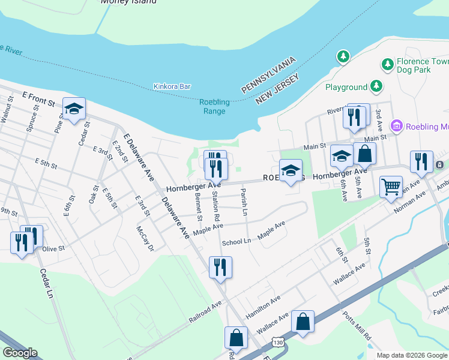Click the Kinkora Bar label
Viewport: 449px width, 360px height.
172,86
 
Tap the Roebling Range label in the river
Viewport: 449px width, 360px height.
214,107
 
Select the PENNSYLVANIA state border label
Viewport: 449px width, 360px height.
270,75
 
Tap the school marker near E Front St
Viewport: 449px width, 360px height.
74,109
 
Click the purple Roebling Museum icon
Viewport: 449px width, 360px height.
396,126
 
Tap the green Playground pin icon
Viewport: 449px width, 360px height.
376,87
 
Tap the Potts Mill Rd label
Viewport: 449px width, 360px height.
358,326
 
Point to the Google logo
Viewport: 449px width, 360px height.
20,353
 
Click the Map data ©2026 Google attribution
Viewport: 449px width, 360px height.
411,355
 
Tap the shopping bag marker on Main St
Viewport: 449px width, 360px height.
364,154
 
